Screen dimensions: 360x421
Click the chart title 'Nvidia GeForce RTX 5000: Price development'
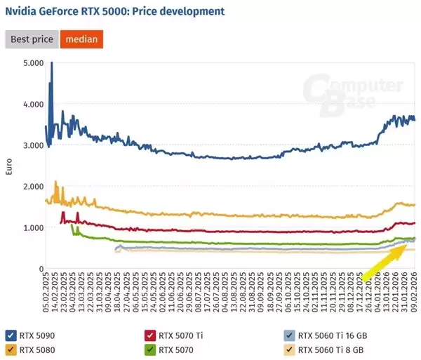115,11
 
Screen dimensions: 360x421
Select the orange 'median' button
81,39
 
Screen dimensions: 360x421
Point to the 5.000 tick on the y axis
33,63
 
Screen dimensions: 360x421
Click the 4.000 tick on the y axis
33,105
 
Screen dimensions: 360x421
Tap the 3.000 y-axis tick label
33,145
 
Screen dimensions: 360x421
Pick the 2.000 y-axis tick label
33,187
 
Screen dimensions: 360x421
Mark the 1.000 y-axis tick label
33,228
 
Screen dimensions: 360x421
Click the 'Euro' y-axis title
9,166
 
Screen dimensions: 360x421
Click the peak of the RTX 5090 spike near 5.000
51,64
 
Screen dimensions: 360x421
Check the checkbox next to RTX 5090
11,334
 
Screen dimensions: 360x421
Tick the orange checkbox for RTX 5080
11,348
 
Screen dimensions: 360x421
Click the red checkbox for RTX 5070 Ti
149,334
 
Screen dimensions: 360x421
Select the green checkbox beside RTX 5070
149,348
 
